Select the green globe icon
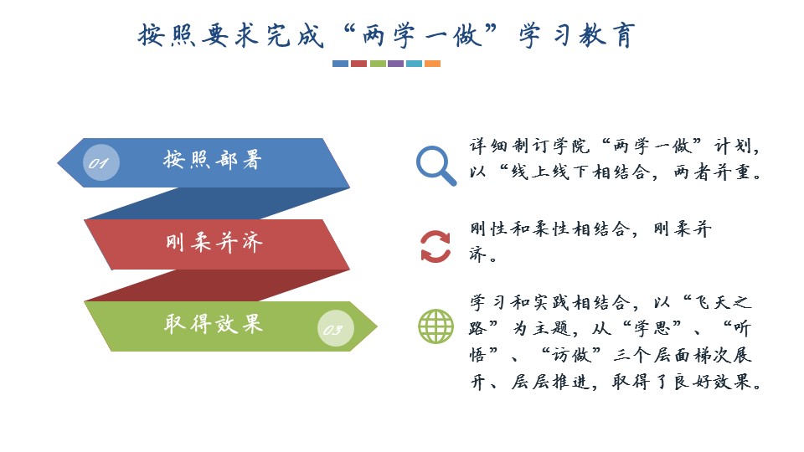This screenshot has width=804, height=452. click(x=435, y=326)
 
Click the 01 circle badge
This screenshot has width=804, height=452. click(x=101, y=163)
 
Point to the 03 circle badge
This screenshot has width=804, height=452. click(x=335, y=328)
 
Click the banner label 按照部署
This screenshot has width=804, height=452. click(x=213, y=160)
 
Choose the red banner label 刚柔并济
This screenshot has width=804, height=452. click(x=214, y=242)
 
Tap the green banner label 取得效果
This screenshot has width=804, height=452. click(x=214, y=324)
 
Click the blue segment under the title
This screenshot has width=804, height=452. click(x=341, y=64)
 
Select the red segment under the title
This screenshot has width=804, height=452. click(x=359, y=64)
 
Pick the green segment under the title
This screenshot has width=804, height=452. click(x=378, y=64)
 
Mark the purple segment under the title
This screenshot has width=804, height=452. click(x=396, y=64)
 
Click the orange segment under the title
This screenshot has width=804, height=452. click(x=432, y=64)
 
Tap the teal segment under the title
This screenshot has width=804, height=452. click(x=414, y=64)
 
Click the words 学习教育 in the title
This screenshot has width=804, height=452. click(x=577, y=35)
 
